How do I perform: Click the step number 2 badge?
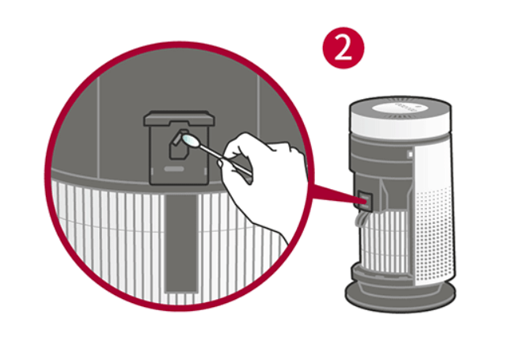[344, 47]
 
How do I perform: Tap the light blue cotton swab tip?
[190, 140]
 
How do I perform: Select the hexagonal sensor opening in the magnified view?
[179, 145]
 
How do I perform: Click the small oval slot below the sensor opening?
[174, 169]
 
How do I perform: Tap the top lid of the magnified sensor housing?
[180, 118]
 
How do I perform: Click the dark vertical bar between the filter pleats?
[181, 244]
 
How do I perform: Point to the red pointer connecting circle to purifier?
[335, 194]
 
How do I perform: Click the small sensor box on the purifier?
[364, 199]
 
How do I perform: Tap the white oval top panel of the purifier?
[401, 108]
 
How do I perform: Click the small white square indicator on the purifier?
[410, 154]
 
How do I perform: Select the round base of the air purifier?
[401, 294]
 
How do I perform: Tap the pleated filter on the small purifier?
[385, 238]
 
